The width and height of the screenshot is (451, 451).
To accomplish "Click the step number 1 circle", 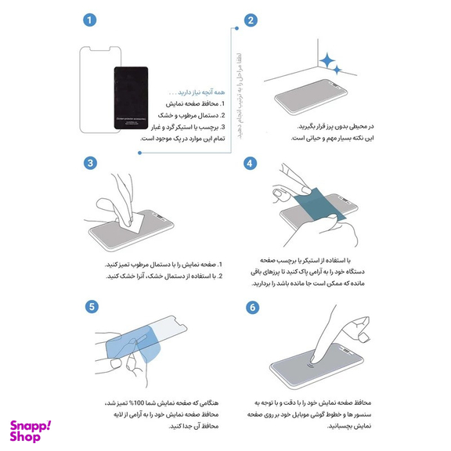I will (x=92, y=20).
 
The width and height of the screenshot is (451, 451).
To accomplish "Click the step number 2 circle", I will (x=251, y=21).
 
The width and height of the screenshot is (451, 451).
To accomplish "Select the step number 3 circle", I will (x=92, y=163).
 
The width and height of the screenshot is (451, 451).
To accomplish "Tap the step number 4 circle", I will (x=251, y=164).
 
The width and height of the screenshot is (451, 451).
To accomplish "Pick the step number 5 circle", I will (x=92, y=306).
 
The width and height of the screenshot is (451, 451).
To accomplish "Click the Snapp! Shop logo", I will (x=31, y=431).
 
